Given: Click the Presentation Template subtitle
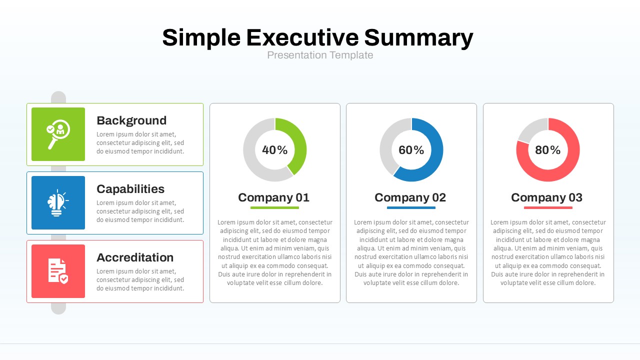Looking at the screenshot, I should pos(320,55).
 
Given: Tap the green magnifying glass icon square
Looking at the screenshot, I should pos(58,134).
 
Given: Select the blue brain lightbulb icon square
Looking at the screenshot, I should pos(58,202).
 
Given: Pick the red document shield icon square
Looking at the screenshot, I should pos(58,271).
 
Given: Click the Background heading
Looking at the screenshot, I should pos(131,120).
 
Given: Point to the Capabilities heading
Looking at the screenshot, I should pos(130,189).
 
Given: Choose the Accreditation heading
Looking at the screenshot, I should pos(135,257).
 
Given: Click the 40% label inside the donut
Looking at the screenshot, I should pos(275,150).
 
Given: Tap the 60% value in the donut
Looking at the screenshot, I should pos(411,150).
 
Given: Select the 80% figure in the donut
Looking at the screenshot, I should pos(548,150).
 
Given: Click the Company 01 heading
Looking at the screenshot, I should pos(274,197).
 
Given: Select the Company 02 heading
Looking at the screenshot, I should pos(410,197).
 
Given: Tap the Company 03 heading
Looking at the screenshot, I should pos(547,197).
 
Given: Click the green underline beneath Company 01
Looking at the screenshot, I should pos(274,207).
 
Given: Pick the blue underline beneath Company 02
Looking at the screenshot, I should pos(411,207).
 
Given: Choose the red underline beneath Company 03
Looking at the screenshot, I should pos(548,207).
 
